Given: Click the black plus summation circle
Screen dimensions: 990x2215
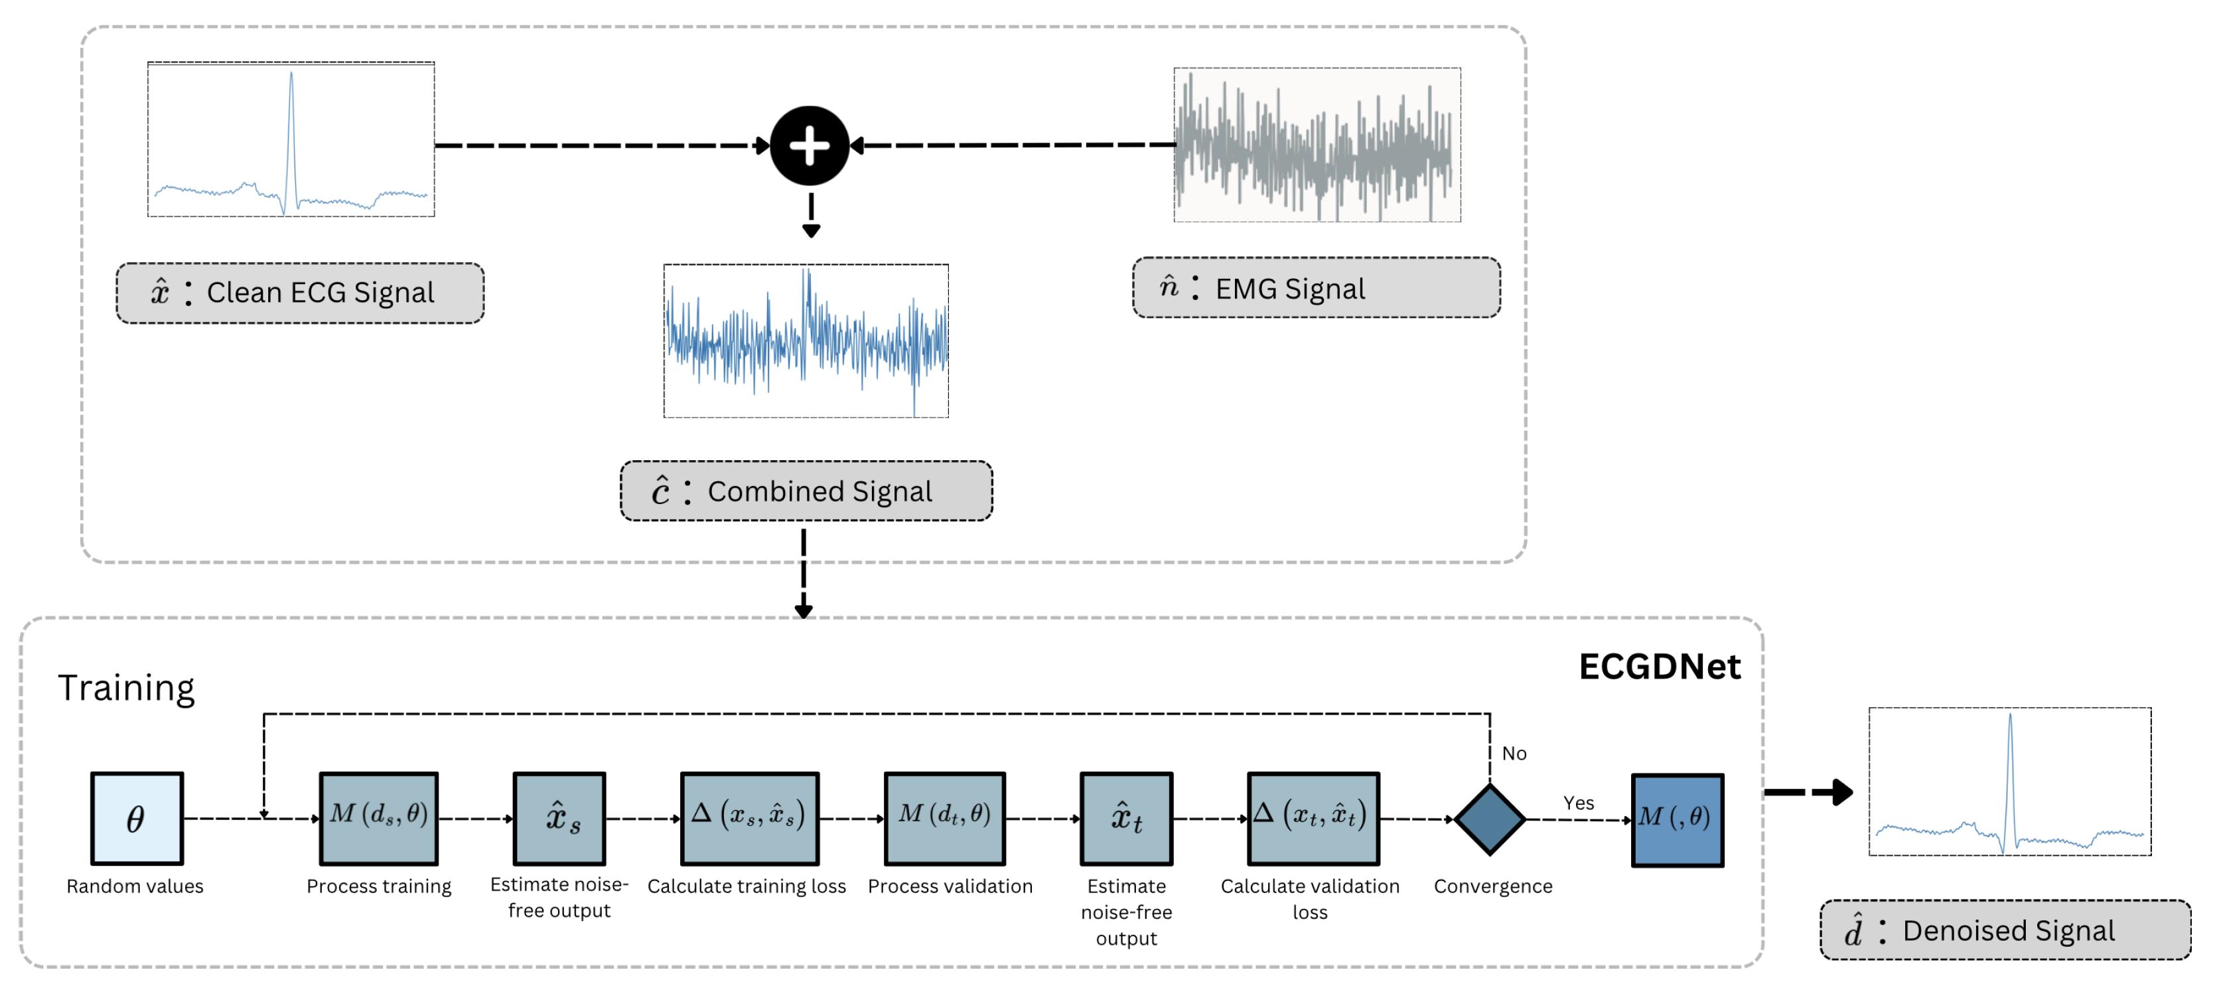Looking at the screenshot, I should (809, 145).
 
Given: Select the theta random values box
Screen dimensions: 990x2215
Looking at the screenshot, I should (137, 818).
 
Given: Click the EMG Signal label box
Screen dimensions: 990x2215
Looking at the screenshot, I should (1316, 288).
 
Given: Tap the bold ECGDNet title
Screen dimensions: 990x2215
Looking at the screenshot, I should (1659, 667).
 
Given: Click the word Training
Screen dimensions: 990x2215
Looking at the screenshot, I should (126, 688).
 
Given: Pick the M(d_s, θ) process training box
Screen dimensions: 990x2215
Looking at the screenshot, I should (378, 818).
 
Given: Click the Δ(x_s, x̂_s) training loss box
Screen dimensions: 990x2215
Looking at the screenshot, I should (749, 818).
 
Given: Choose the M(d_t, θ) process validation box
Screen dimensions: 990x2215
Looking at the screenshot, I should (944, 818).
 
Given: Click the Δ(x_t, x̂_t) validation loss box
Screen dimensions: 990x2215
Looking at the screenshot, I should (1313, 818).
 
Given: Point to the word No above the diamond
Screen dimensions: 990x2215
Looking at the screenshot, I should (1514, 754).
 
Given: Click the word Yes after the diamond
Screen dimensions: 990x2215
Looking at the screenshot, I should (1579, 803).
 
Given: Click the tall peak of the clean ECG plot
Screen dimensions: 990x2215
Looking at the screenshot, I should (291, 86).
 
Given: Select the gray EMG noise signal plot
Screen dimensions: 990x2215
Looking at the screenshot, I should (1317, 145).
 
